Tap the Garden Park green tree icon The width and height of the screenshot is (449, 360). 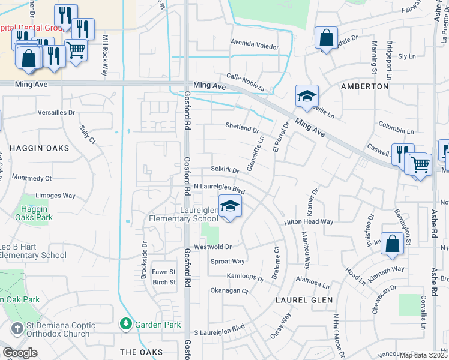pos(126,324)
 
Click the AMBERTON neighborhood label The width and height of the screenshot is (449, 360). pos(364,86)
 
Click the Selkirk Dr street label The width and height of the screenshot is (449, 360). pos(224,170)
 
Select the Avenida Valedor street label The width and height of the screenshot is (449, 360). pos(255,46)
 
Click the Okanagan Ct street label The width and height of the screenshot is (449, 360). pos(229,291)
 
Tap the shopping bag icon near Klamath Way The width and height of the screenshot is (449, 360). pos(391,244)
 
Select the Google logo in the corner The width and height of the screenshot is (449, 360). pos(20,352)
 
